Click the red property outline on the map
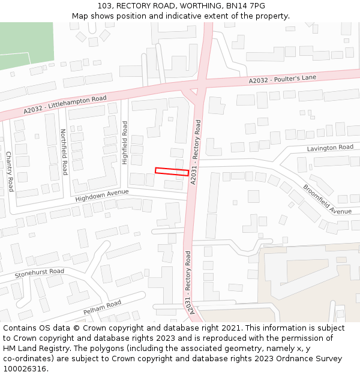pos(172,172)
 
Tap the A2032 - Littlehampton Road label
pos(65,105)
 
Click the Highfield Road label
pos(125,143)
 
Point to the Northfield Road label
pos(64,152)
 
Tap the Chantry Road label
pos(10,172)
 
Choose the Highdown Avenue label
pos(102,196)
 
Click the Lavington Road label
pos(330,148)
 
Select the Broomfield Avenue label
pos(327,199)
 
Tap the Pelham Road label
pos(102,308)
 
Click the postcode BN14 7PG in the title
pos(245,6)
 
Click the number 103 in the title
pos(105,6)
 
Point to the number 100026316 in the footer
pos(25,368)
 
